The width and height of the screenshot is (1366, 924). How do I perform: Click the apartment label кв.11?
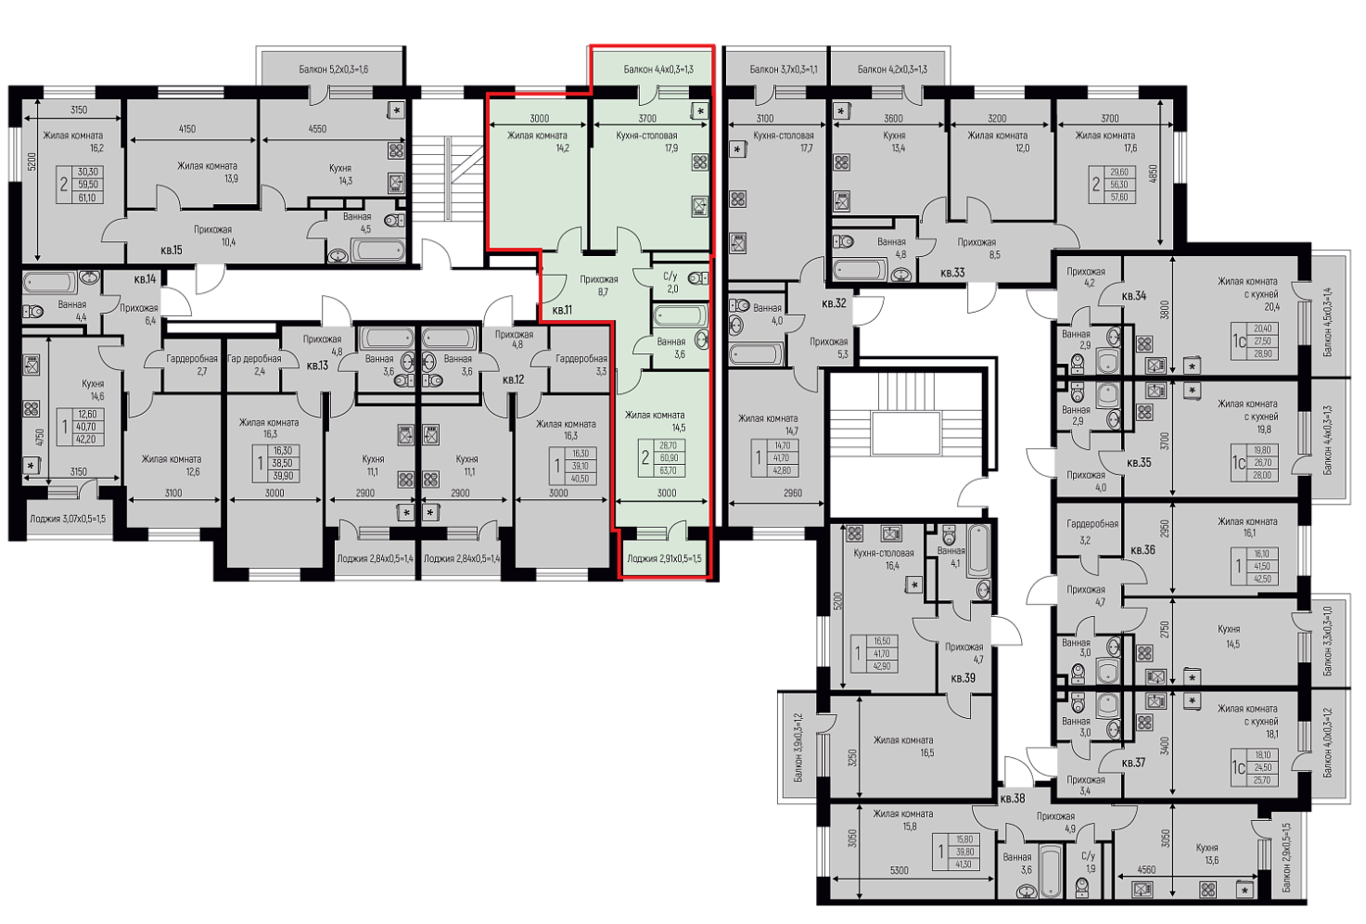pyautogui.click(x=562, y=311)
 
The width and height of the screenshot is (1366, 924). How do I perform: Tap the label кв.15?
pyautogui.click(x=172, y=250)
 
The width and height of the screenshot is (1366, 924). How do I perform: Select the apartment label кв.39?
pyautogui.click(x=964, y=677)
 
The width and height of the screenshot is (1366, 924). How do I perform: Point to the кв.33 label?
pyautogui.click(x=952, y=273)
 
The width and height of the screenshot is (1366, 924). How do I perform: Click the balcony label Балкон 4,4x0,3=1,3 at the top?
pyautogui.click(x=658, y=70)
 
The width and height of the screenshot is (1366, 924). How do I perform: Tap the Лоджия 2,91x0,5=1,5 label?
pyautogui.click(x=664, y=558)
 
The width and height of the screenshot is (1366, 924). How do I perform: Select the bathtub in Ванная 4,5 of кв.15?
pyautogui.click(x=378, y=250)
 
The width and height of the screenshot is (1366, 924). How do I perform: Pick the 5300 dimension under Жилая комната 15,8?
pyautogui.click(x=899, y=870)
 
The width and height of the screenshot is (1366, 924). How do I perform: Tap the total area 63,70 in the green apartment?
pyautogui.click(x=669, y=470)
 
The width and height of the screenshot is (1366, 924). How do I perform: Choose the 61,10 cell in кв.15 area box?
pyautogui.click(x=87, y=198)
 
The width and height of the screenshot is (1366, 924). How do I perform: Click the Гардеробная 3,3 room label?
pyautogui.click(x=581, y=365)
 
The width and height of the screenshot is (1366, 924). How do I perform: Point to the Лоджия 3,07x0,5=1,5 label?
pyautogui.click(x=68, y=519)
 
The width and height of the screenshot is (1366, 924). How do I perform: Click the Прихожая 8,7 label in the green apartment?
pyautogui.click(x=599, y=286)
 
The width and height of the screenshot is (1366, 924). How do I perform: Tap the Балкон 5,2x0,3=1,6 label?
pyautogui.click(x=333, y=70)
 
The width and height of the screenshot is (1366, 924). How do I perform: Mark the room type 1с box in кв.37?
pyautogui.click(x=1238, y=767)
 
